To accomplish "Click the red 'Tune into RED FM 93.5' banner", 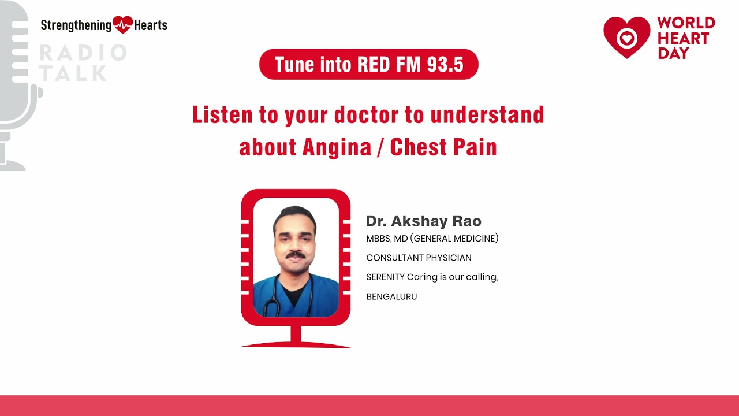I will [368, 64].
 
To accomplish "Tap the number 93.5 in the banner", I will [445, 64].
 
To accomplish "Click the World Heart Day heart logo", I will [626, 38].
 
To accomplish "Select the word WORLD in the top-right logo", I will [686, 24].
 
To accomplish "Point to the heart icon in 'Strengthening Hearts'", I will [122, 25].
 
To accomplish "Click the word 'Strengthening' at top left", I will [76, 25].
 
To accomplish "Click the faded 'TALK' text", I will [73, 73].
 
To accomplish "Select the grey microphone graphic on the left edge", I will [17, 87].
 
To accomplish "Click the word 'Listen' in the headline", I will [222, 115].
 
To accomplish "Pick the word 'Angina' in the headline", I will [337, 147].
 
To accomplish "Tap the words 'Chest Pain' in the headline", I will [443, 147].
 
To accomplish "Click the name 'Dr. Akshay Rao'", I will [423, 221].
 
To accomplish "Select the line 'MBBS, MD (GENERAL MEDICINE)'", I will [432, 238].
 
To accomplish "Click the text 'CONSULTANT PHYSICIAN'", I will [419, 258].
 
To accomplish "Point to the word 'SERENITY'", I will [385, 277].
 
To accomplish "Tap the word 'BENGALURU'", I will [391, 297].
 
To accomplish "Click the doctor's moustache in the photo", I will [296, 254].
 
